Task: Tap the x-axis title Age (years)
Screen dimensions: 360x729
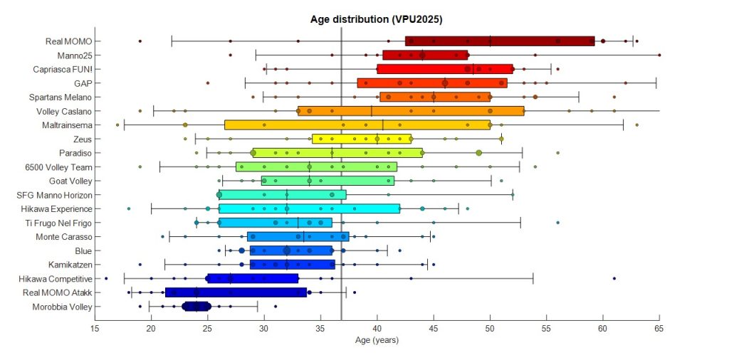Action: tap(377, 340)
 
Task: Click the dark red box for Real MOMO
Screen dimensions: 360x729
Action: tap(499, 41)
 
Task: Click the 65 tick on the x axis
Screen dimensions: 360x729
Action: tap(659, 329)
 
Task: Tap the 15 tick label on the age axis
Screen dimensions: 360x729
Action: tap(95, 329)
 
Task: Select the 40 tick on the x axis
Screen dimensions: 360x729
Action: tap(377, 329)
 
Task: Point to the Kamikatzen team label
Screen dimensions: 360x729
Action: tap(70, 264)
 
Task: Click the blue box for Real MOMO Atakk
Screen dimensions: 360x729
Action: tap(236, 292)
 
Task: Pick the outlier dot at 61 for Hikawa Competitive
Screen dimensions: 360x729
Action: tap(614, 278)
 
